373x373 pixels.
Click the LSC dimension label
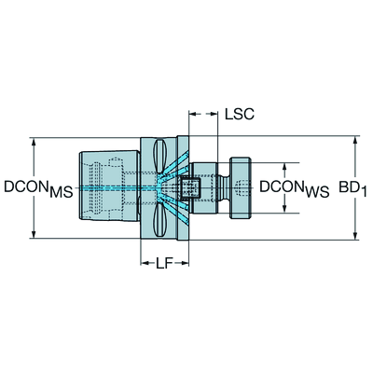click(x=240, y=114)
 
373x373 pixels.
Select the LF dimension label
click(x=164, y=264)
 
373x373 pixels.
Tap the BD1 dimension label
click(x=352, y=188)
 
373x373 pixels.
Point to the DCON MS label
click(x=38, y=188)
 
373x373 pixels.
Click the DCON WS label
click(x=295, y=188)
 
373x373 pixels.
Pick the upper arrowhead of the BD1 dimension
click(x=355, y=140)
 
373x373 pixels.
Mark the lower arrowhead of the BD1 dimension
click(x=355, y=236)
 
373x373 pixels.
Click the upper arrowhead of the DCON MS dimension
click(x=34, y=142)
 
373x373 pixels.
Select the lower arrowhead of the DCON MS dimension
click(x=34, y=235)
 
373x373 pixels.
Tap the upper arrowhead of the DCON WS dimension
click(x=284, y=167)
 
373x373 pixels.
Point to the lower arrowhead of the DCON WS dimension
click(x=284, y=209)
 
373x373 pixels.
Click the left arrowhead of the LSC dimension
click(x=193, y=114)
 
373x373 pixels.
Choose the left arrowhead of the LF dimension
click(x=145, y=264)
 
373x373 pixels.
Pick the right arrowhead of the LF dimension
click(x=185, y=264)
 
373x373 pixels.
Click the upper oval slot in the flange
click(x=159, y=157)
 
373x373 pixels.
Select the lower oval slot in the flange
click(x=159, y=219)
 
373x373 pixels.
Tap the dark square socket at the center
click(x=190, y=187)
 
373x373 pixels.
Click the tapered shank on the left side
click(x=109, y=186)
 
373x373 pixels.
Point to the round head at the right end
click(x=241, y=187)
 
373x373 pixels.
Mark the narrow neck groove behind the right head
click(x=224, y=187)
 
